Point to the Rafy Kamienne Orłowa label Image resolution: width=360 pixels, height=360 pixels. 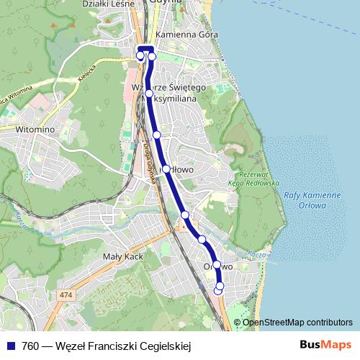point(312,200)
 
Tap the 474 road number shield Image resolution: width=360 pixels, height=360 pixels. point(66,295)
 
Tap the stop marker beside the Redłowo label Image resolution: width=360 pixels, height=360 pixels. point(166,169)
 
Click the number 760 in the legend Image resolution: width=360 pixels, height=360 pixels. point(30,346)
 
